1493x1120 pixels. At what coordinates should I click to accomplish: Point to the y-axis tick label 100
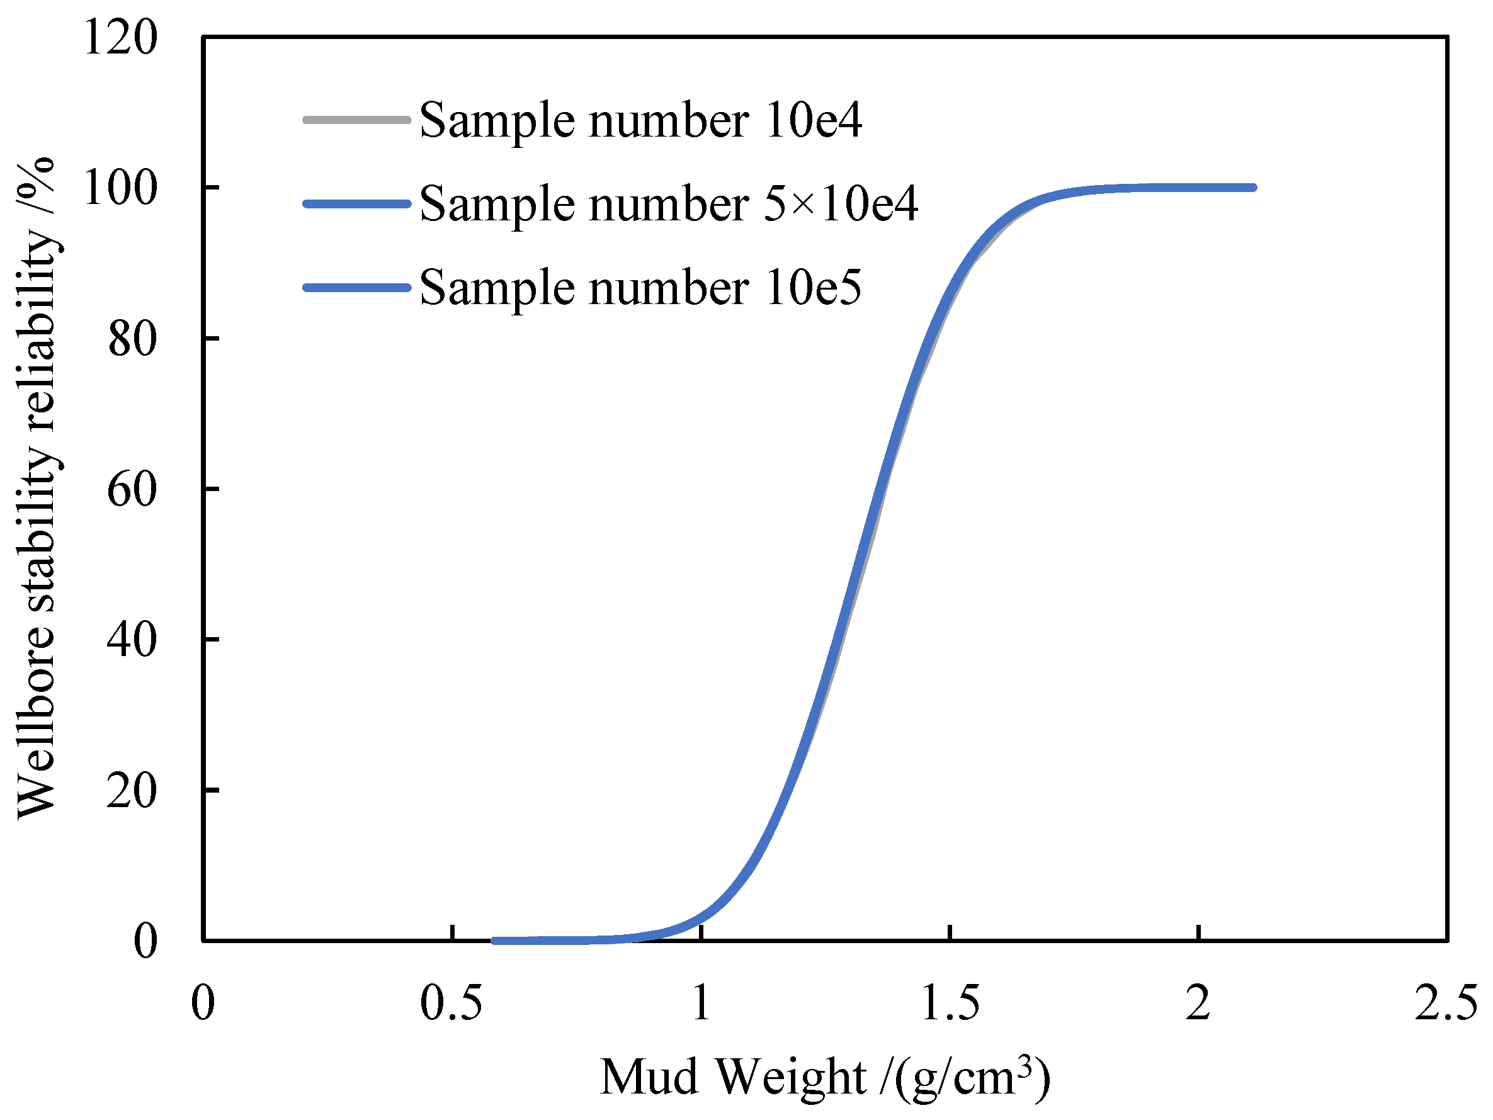pos(120,188)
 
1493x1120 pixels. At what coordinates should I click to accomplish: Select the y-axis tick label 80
pos(132,339)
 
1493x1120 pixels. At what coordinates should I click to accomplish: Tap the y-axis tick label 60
pos(132,489)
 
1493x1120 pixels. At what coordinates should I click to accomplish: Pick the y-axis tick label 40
pos(132,640)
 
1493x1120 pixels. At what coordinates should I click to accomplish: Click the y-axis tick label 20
pos(132,791)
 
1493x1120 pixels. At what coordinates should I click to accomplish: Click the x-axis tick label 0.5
pos(451,1003)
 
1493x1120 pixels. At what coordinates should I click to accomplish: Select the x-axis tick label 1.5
pos(950,1003)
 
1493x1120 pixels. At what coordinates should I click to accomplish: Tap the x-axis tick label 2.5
pos(1446,1003)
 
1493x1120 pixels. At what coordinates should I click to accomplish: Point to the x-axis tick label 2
pos(1198,1003)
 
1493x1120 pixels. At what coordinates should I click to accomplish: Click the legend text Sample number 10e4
pos(640,120)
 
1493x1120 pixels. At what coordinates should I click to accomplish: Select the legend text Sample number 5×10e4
pos(668,204)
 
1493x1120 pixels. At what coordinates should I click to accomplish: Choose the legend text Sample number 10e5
pos(640,288)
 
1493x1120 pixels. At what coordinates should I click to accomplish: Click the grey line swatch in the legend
pos(356,120)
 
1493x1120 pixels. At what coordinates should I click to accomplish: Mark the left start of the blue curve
pos(495,941)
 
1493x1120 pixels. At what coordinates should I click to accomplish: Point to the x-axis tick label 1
pos(701,1003)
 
